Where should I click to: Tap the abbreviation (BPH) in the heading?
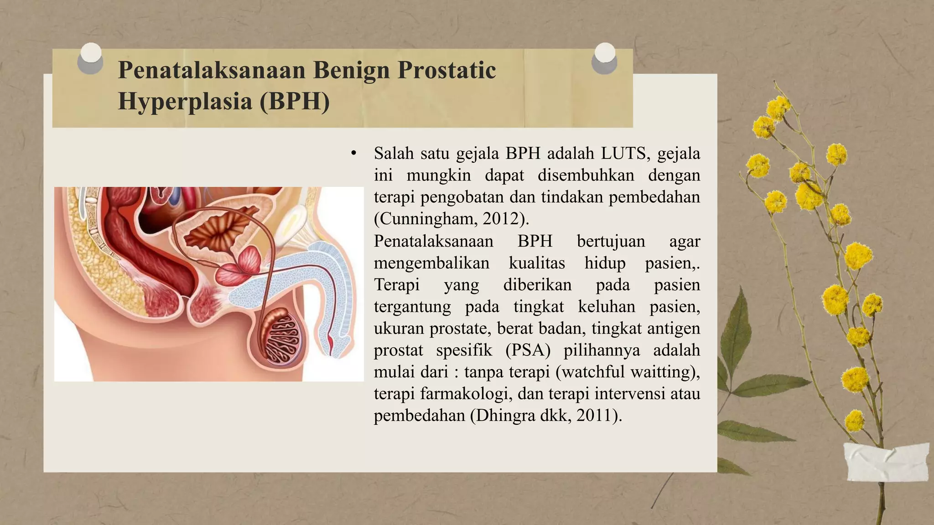(295, 101)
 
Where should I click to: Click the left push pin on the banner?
(90, 58)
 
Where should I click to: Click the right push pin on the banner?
(604, 58)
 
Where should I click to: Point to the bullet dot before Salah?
(353, 154)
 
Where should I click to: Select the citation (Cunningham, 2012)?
(451, 219)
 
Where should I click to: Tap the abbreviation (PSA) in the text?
(528, 350)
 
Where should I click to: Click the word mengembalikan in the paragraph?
(431, 263)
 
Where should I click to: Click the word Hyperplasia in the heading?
(185, 101)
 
